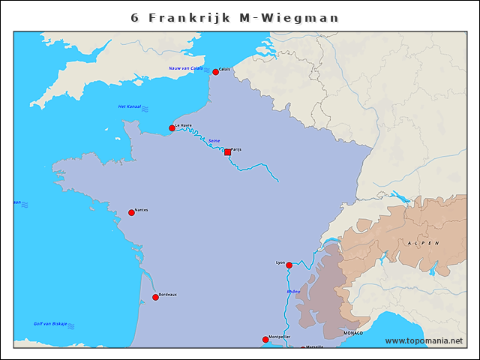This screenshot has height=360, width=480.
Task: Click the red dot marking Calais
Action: pos(215,72)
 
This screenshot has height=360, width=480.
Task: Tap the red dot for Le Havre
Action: pos(172,128)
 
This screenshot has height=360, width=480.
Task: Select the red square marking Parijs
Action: pos(227,152)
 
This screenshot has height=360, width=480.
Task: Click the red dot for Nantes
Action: pos(131,213)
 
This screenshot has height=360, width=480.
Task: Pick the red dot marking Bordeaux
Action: pos(155,298)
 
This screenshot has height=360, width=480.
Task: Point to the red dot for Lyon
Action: pos(289,265)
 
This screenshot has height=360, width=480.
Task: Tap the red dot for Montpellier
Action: pos(265,340)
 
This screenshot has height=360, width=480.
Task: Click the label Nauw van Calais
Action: pos(185,68)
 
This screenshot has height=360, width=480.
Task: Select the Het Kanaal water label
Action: pos(129,106)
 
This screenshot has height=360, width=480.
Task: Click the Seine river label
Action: pos(214,141)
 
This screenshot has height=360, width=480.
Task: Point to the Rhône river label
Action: pos(293,292)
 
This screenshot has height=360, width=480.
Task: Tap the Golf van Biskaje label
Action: pos(50,324)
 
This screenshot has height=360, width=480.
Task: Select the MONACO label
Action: pos(352,332)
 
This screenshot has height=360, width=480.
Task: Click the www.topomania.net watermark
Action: pos(424,341)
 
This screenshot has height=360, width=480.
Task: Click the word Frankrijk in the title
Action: pos(190,17)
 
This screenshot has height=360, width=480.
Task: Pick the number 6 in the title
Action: pos(135,17)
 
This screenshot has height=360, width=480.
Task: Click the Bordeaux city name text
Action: pos(168,294)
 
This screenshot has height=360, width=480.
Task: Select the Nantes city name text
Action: pos(141,210)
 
